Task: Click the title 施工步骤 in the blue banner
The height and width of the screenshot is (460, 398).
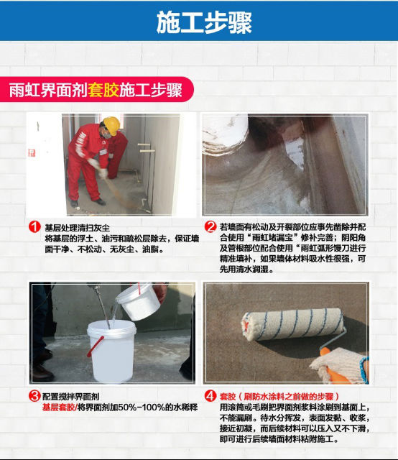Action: [x=204, y=22]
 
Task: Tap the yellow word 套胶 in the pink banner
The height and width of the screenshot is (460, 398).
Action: [x=103, y=90]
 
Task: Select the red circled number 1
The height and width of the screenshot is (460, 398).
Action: [x=34, y=227]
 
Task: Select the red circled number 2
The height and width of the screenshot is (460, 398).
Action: [x=210, y=226]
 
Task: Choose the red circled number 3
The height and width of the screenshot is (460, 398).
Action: [x=34, y=396]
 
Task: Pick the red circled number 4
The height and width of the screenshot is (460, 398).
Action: [x=210, y=396]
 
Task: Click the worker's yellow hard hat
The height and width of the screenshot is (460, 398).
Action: [x=112, y=125]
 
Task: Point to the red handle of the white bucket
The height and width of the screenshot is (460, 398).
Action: [x=95, y=346]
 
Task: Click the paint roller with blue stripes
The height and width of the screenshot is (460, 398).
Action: [x=292, y=324]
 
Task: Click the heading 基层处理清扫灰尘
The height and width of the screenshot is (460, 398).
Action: [x=78, y=228]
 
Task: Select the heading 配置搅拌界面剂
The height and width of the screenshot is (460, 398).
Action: [x=70, y=397]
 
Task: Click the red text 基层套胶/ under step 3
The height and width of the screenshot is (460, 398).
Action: [x=60, y=408]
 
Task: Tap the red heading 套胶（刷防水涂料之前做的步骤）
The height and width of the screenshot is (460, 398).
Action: [x=279, y=397]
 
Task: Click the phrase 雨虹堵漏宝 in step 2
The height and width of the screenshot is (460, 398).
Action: [x=273, y=237]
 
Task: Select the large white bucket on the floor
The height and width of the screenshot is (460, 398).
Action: [x=111, y=351]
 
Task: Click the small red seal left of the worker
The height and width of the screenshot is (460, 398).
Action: [x=32, y=153]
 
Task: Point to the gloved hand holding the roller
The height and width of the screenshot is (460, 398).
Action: [x=341, y=365]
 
